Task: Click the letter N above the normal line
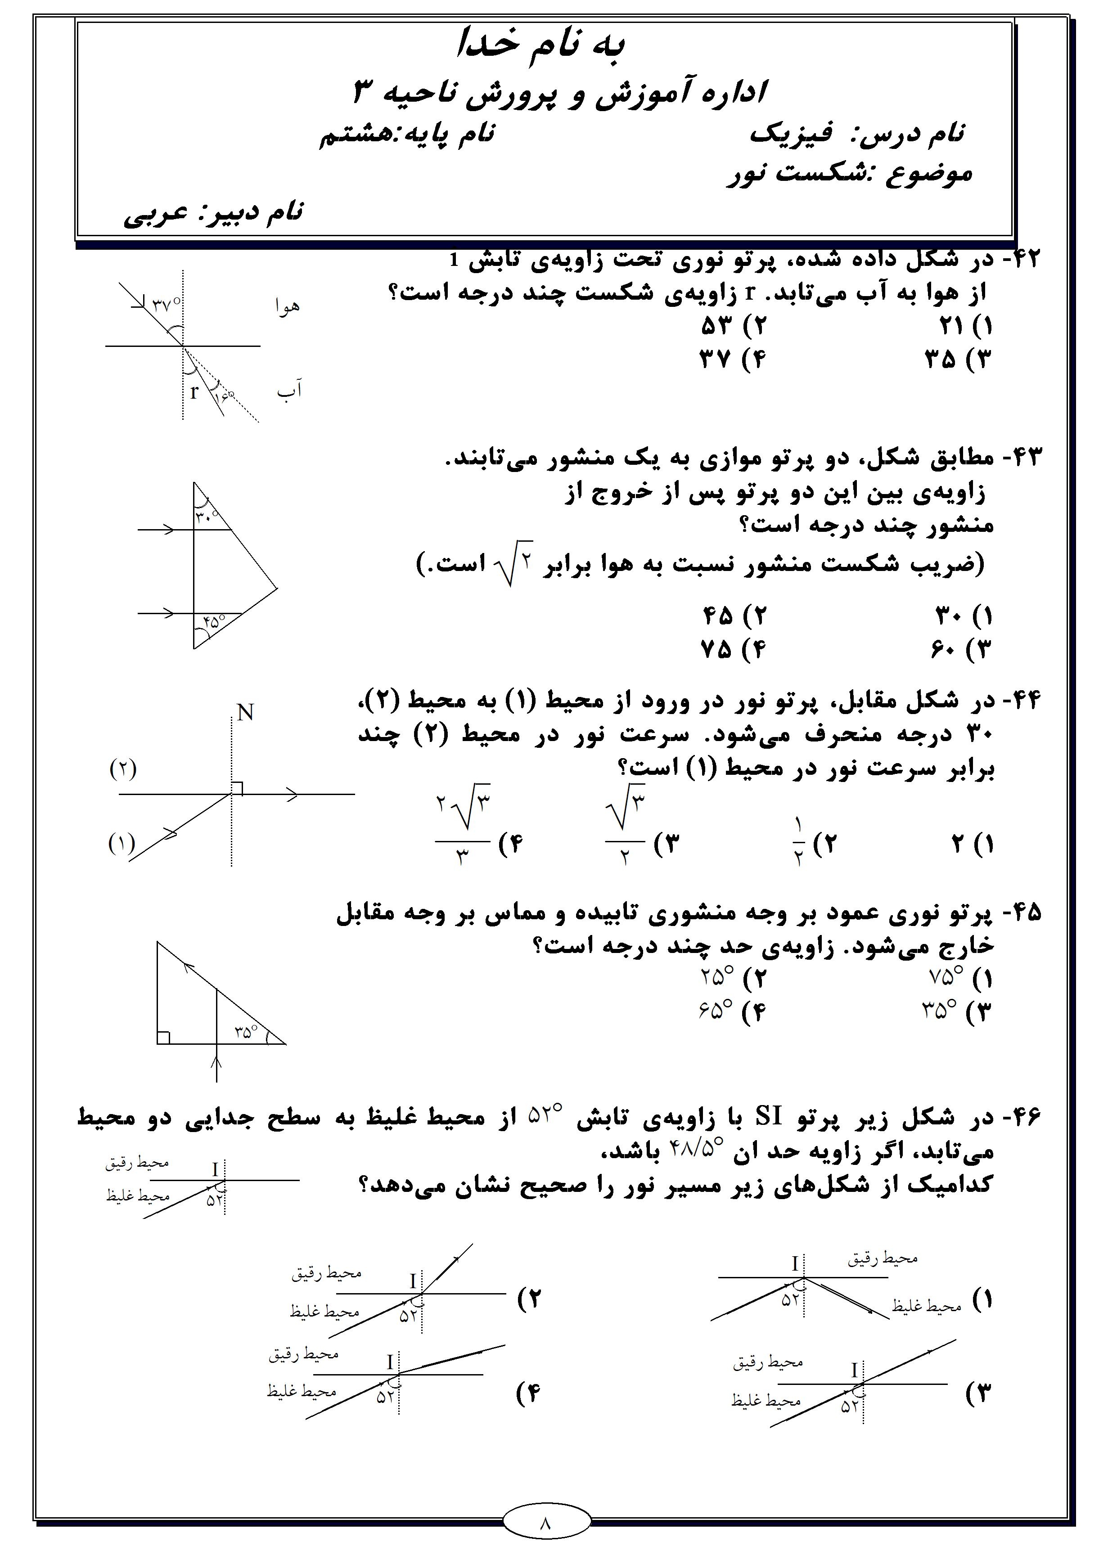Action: tap(245, 713)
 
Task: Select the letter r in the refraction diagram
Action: tap(194, 391)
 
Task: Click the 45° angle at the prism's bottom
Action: tap(213, 620)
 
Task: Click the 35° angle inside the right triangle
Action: tap(246, 1032)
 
